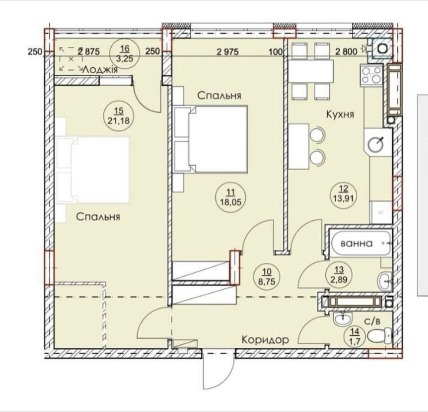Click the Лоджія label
click(101, 70)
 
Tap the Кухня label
click(340, 114)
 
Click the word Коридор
click(265, 340)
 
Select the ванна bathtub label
click(357, 243)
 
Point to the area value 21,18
click(119, 120)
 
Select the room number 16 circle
click(125, 54)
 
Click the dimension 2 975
click(228, 51)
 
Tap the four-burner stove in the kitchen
click(372, 75)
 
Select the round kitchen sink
click(376, 144)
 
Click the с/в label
click(372, 322)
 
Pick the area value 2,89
click(339, 280)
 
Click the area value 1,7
click(355, 341)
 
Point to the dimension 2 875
click(89, 51)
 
